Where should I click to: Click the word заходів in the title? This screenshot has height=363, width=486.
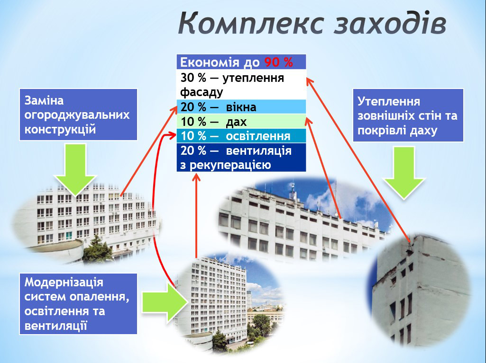[390, 23]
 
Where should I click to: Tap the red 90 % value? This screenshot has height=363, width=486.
[279, 62]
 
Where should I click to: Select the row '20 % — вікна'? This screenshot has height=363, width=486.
[241, 107]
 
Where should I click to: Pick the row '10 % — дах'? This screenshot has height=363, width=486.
[241, 121]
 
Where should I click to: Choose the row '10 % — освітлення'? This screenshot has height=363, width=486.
[241, 136]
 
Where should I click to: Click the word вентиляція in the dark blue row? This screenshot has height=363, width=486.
[259, 151]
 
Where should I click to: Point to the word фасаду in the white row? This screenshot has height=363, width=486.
[202, 92]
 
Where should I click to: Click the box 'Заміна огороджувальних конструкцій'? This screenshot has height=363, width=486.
[78, 115]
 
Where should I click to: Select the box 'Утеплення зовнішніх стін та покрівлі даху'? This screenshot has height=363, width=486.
[408, 115]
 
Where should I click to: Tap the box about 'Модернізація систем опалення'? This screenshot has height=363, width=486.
[78, 303]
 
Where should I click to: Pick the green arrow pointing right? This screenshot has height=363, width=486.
[165, 302]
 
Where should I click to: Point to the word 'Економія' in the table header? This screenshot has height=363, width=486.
[210, 62]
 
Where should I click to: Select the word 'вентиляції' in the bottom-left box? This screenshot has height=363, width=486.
[55, 326]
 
